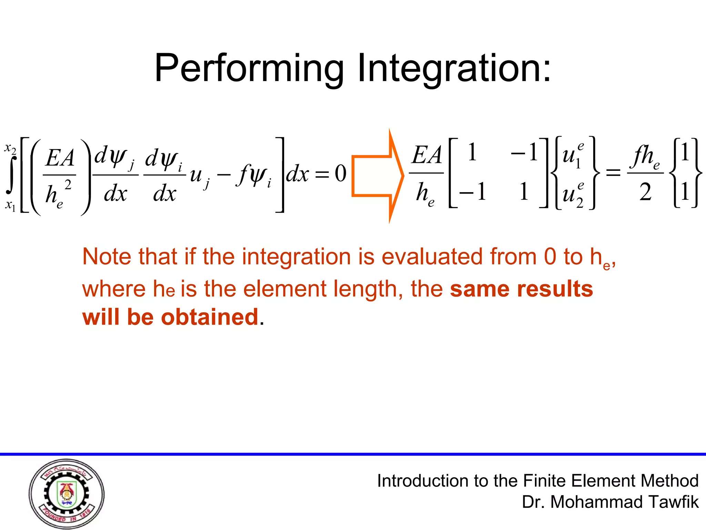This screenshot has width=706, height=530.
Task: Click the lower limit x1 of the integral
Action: (x=10, y=206)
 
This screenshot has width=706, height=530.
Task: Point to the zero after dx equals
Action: (x=341, y=173)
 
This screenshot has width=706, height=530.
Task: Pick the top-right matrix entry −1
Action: (x=524, y=152)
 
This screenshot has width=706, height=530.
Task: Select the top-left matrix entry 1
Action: (x=472, y=152)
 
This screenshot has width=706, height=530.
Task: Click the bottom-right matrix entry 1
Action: (x=524, y=192)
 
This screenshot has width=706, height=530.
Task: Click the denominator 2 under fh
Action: (x=645, y=193)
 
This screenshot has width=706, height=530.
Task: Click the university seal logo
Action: (x=67, y=494)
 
